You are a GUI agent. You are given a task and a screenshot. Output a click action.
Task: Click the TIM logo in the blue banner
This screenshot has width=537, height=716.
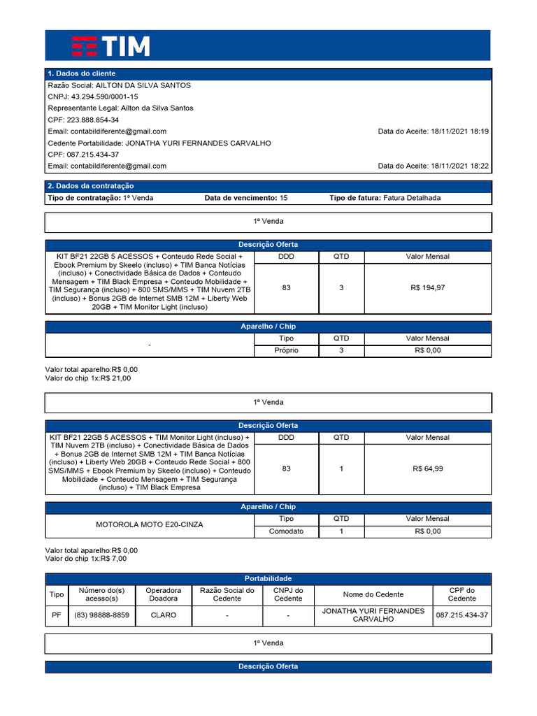110,45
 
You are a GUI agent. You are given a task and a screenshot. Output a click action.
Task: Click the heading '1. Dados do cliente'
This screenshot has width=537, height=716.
81,73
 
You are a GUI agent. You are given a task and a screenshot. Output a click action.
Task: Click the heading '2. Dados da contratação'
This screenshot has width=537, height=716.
90,186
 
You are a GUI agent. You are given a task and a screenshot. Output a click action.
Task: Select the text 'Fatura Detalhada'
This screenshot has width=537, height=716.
412,198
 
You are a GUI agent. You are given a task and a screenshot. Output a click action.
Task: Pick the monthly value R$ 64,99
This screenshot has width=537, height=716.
427,468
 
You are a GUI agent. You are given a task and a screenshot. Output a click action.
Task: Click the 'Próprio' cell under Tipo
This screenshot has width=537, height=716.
286,350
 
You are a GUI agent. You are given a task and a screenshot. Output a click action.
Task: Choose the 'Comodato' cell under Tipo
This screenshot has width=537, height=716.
286,531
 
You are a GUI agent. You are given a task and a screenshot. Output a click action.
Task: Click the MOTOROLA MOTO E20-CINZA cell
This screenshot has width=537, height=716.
150,524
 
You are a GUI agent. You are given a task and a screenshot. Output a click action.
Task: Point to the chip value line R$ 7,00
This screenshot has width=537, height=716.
86,559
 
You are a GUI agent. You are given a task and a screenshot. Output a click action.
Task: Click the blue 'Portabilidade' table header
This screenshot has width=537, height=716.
268,578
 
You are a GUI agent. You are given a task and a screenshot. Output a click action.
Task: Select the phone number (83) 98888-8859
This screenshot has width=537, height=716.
101,615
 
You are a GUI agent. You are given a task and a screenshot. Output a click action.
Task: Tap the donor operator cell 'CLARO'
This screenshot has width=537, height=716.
162,615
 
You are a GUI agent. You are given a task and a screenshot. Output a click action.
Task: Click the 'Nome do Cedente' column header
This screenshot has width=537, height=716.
373,594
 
